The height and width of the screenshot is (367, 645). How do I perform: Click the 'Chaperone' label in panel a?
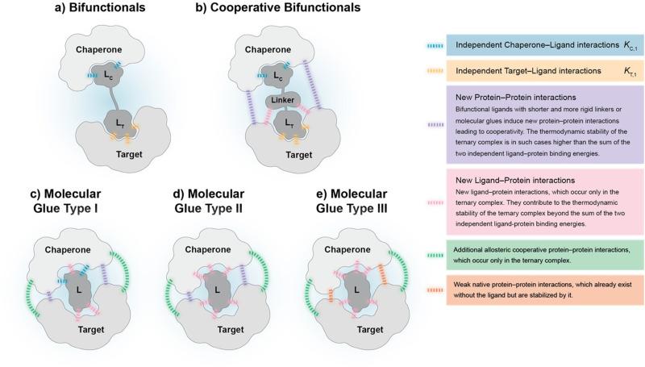point(98,50)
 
